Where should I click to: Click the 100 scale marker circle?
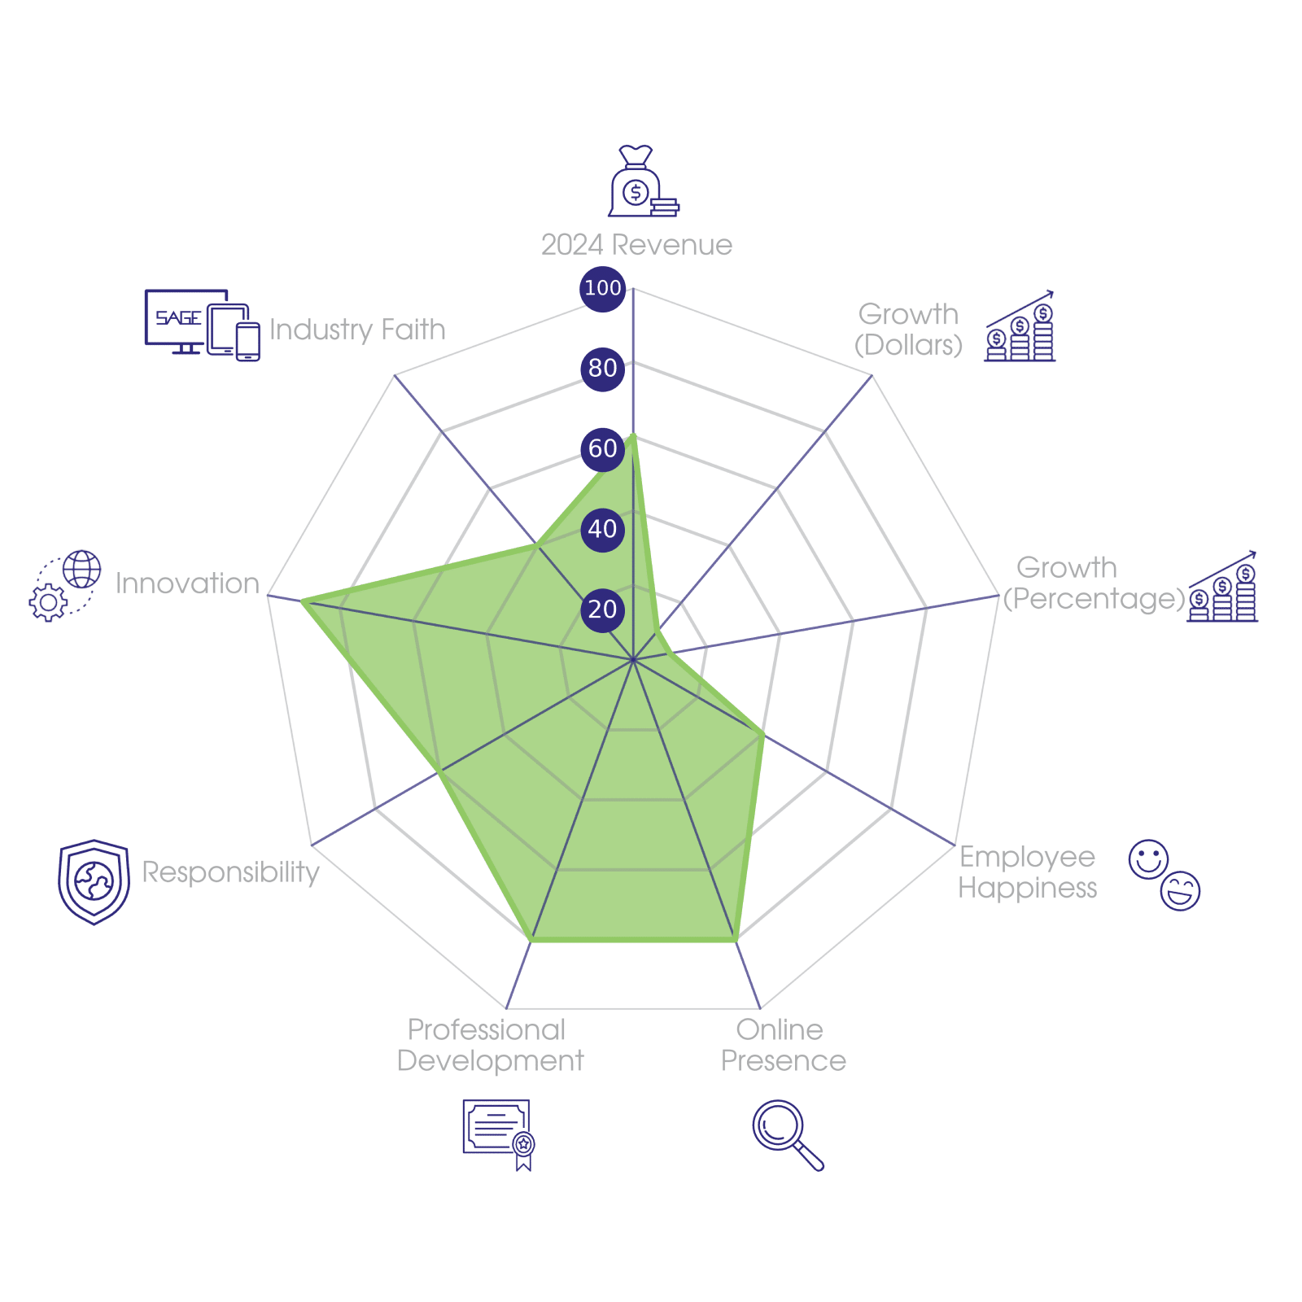pyautogui.click(x=602, y=288)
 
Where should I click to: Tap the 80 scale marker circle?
pyautogui.click(x=602, y=368)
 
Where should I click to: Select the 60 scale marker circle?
pyautogui.click(x=602, y=448)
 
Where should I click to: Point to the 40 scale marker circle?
pyautogui.click(x=602, y=529)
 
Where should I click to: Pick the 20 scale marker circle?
pyautogui.click(x=602, y=609)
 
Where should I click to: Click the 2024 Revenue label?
pyautogui.click(x=636, y=245)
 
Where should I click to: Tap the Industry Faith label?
pyautogui.click(x=357, y=330)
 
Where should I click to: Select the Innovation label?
pyautogui.click(x=187, y=583)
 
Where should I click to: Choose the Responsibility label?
pyautogui.click(x=230, y=872)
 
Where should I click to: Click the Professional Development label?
pyautogui.click(x=490, y=1046)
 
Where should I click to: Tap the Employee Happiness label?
pyautogui.click(x=1028, y=872)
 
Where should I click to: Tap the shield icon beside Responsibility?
pyautogui.click(x=94, y=882)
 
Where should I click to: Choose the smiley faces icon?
pyautogui.click(x=1164, y=875)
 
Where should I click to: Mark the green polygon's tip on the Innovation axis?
pyautogui.click(x=302, y=601)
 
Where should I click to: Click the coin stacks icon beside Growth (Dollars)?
pyautogui.click(x=1020, y=327)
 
